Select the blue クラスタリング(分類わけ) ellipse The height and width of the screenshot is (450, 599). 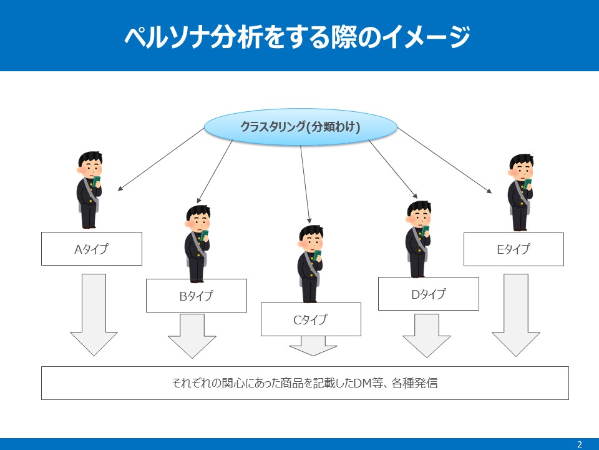(x=300, y=127)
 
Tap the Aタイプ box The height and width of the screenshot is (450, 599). (x=91, y=249)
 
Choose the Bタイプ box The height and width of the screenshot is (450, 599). (x=196, y=296)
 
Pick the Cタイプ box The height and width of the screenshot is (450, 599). (x=310, y=319)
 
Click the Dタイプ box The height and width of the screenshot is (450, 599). (x=428, y=293)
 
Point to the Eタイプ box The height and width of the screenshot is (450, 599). (x=513, y=249)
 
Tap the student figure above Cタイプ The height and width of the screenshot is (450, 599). (x=310, y=263)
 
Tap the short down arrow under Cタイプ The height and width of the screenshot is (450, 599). (x=313, y=346)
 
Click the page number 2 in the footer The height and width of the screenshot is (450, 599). (x=579, y=444)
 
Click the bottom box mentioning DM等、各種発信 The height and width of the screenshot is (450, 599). (x=304, y=382)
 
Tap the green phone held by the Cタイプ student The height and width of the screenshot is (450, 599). (x=317, y=256)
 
